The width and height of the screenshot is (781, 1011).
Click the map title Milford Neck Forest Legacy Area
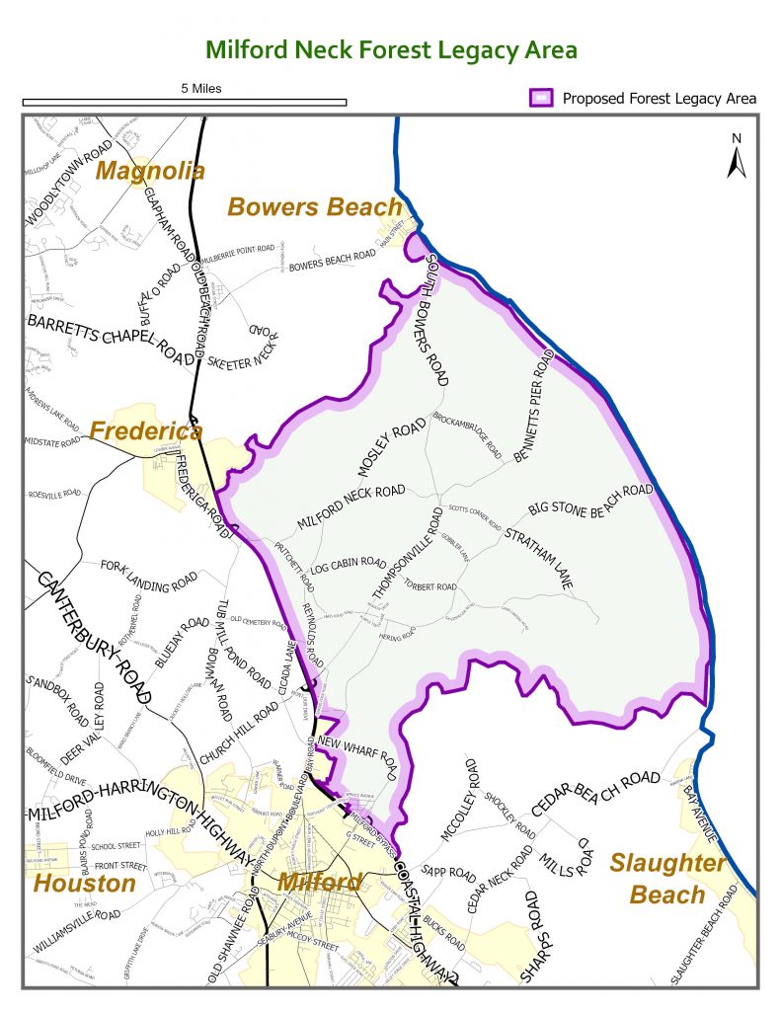click(x=390, y=50)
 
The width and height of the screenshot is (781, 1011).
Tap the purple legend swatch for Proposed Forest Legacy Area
click(x=541, y=98)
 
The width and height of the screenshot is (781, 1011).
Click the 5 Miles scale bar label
click(x=201, y=88)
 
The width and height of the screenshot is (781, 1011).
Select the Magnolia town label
click(x=150, y=171)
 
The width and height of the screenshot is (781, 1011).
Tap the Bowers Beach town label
click(x=315, y=206)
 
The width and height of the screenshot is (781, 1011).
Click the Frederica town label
click(x=139, y=430)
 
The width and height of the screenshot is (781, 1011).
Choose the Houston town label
click(x=84, y=882)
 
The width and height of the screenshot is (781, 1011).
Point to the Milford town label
click(x=320, y=882)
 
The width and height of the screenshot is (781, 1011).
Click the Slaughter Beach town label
click(x=668, y=879)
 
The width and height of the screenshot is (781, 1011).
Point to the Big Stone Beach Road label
click(x=590, y=501)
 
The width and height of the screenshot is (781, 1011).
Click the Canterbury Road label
click(x=94, y=637)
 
